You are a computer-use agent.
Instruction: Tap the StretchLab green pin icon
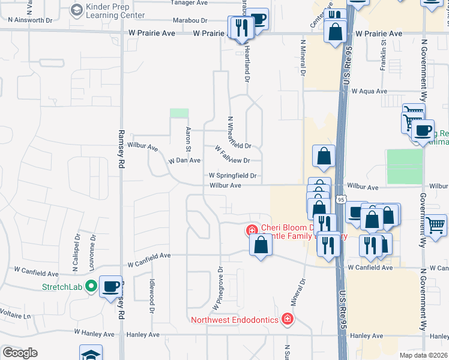tap(91, 287)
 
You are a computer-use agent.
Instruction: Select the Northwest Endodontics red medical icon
tap(288, 319)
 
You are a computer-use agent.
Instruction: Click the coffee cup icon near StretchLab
tap(110, 287)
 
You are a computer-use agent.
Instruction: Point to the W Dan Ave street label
tap(184, 161)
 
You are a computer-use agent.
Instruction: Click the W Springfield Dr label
tap(233, 176)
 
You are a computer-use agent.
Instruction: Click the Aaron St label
tap(188, 139)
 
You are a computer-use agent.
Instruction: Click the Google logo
tap(20, 353)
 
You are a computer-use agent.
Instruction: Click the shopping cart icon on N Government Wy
tap(436, 225)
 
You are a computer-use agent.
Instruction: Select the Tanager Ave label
tap(189, 3)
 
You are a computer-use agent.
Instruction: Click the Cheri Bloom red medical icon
tap(252, 230)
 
